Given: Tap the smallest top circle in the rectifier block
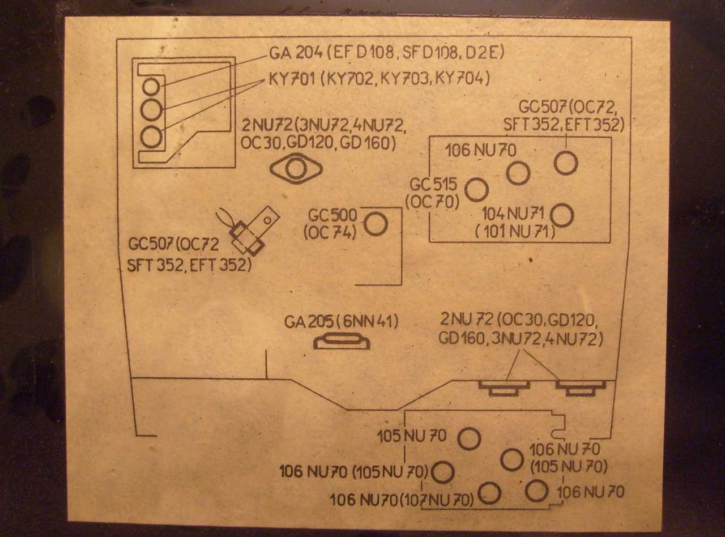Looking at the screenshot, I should (151, 87).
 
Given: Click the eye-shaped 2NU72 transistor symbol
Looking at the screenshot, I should (296, 169).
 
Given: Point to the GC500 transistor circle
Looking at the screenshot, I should (376, 224).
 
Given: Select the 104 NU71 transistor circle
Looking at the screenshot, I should (562, 215).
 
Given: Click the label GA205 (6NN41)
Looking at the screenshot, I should (342, 322).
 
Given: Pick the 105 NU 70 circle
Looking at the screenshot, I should (469, 438).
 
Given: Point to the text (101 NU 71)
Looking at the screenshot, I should (515, 231).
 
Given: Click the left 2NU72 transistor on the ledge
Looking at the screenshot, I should (504, 387).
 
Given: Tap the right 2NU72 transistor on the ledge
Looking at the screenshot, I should (581, 387).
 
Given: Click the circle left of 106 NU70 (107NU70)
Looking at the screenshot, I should (489, 493).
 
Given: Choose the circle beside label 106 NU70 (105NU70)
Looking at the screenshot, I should (443, 472).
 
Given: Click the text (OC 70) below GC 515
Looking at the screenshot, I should (432, 202).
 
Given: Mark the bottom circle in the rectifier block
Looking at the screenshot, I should (151, 137).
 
